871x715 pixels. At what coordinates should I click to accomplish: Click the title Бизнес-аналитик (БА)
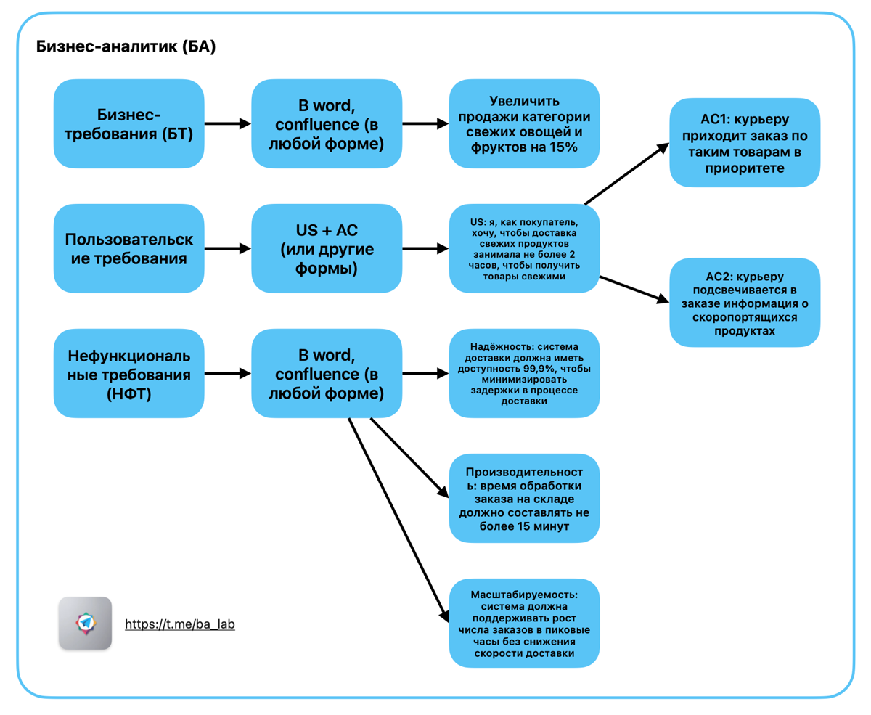point(126,46)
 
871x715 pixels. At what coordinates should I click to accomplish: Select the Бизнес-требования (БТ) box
point(129,123)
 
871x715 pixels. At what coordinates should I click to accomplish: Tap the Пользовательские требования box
point(129,248)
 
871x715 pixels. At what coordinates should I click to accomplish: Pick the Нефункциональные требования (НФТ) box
point(129,373)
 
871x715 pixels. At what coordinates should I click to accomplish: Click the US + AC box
point(327,248)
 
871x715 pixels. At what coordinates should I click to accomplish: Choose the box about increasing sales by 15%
point(524,123)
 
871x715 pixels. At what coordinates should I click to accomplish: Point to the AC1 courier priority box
point(745,142)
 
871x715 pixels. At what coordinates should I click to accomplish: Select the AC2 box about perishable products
point(745,303)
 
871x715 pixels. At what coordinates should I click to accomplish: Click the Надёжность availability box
point(524,373)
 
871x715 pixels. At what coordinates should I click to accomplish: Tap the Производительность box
point(524,498)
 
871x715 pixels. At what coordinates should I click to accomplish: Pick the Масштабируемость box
point(524,623)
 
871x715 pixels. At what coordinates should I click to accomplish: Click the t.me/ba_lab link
point(180,624)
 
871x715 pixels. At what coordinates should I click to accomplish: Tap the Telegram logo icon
point(85,623)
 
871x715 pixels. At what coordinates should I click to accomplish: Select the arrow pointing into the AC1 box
point(627,173)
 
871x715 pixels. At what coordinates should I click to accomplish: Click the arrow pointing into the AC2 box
point(634,290)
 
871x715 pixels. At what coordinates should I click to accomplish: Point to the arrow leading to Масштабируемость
point(399,520)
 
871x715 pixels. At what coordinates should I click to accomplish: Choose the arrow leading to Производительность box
point(409,457)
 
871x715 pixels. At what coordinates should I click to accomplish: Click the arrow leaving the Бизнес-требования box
point(228,123)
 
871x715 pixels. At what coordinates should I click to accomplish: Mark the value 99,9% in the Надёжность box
point(537,369)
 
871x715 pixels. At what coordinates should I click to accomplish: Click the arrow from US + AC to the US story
point(425,248)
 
